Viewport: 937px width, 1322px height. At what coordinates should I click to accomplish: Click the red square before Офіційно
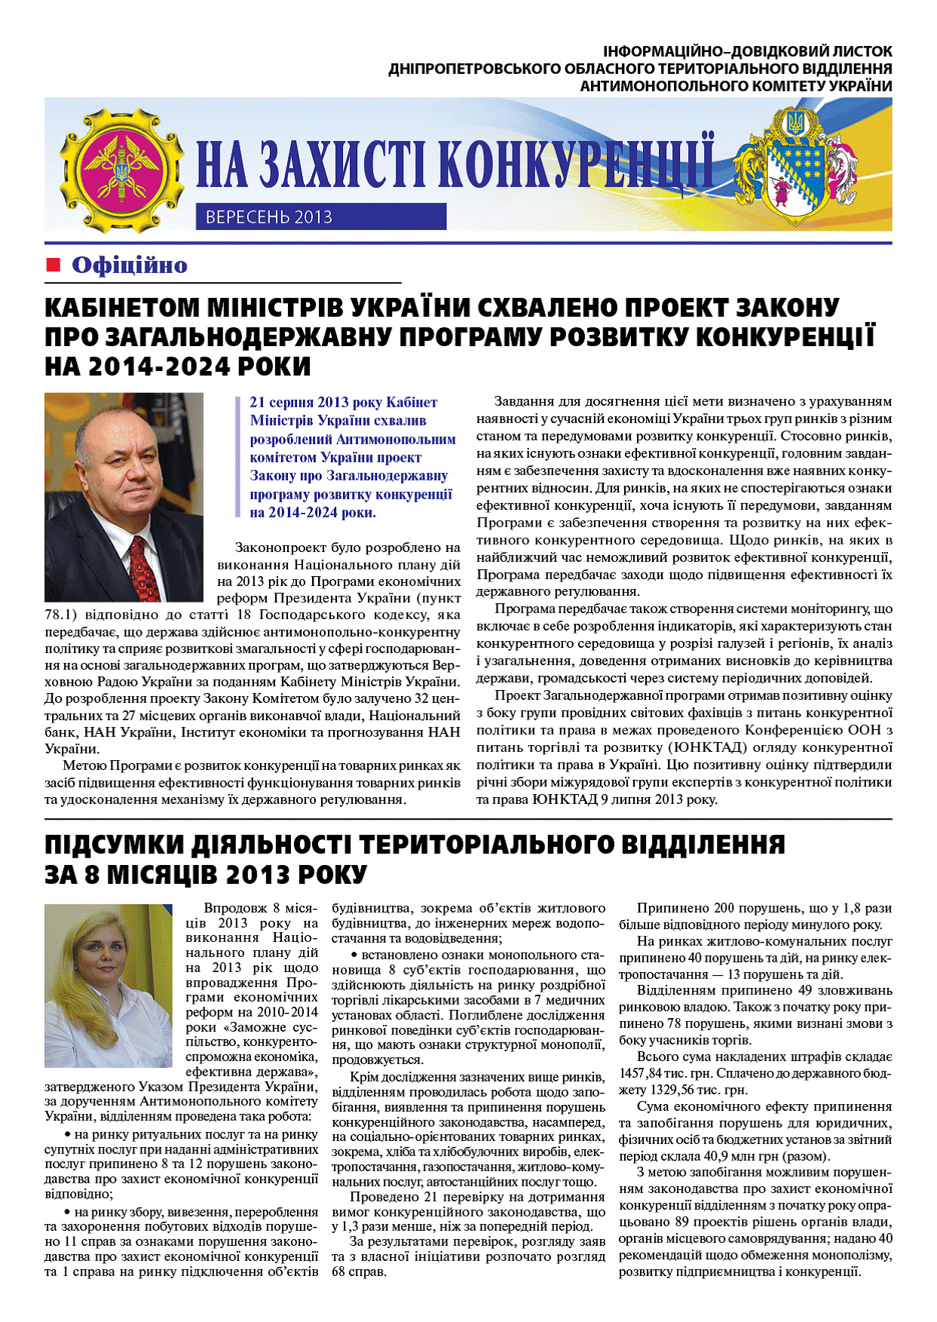(x=53, y=265)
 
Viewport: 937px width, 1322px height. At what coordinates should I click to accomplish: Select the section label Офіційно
(x=129, y=265)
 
